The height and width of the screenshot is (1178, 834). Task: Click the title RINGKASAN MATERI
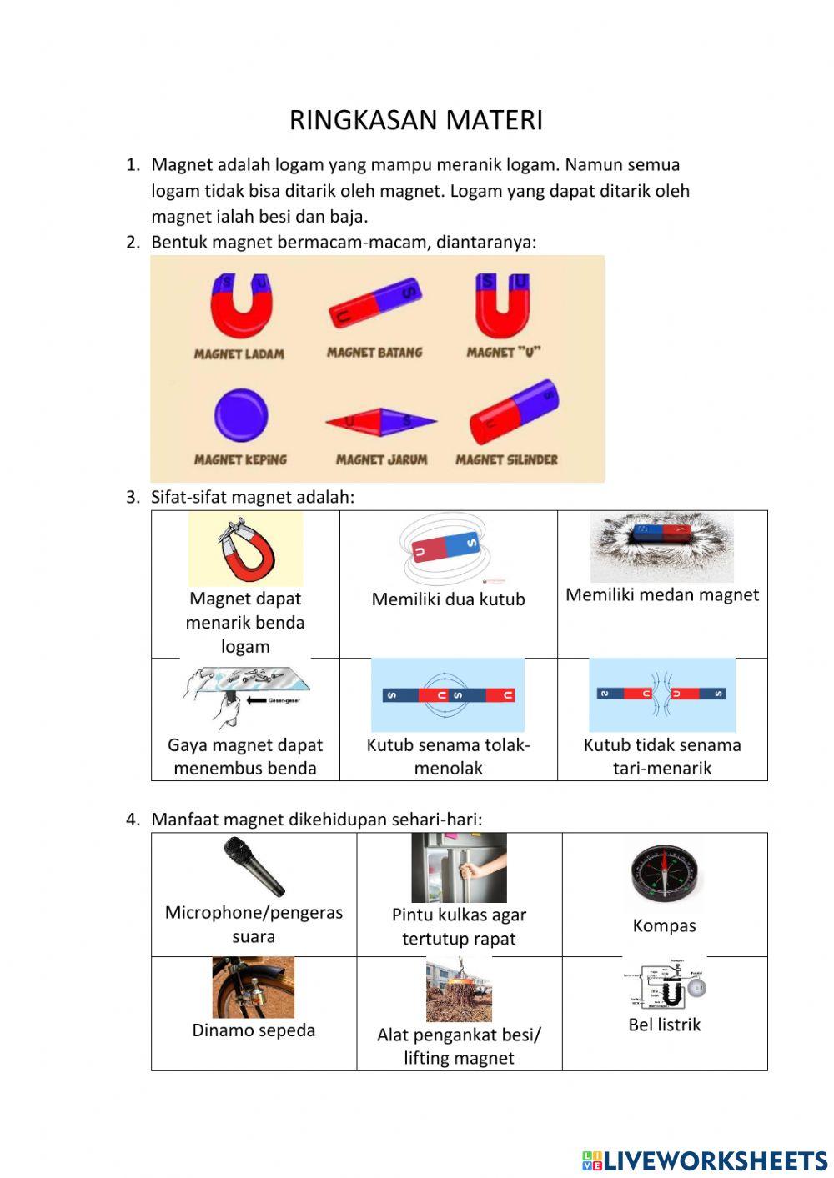pyautogui.click(x=415, y=120)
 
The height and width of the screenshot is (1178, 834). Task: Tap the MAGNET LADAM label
pyautogui.click(x=239, y=353)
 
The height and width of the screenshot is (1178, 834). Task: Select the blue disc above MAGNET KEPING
pyautogui.click(x=240, y=415)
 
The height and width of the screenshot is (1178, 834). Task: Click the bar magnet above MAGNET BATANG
pyautogui.click(x=375, y=302)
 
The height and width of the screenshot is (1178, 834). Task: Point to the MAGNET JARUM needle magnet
pyautogui.click(x=380, y=421)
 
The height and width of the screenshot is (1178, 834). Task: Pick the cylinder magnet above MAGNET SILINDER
pyautogui.click(x=514, y=412)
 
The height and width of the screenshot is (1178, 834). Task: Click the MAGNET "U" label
pyautogui.click(x=503, y=352)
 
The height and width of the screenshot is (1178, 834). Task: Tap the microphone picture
pyautogui.click(x=254, y=866)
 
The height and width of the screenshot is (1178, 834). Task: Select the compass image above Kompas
pyautogui.click(x=664, y=873)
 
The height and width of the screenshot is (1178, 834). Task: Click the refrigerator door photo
pyautogui.click(x=459, y=867)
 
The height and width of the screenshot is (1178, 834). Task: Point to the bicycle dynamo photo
pyautogui.click(x=253, y=987)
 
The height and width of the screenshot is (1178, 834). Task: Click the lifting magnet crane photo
pyautogui.click(x=459, y=990)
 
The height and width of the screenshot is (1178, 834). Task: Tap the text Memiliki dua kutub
pyautogui.click(x=448, y=599)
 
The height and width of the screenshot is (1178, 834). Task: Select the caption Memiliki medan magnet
pyautogui.click(x=662, y=595)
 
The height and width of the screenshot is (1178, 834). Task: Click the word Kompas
pyautogui.click(x=664, y=925)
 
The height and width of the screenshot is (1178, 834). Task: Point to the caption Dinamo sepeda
pyautogui.click(x=254, y=1030)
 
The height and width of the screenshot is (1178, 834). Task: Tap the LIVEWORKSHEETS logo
pyautogui.click(x=705, y=1160)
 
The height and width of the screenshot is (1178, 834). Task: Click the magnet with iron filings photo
pyautogui.click(x=662, y=547)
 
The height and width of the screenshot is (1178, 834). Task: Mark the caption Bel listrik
pyautogui.click(x=664, y=1025)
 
